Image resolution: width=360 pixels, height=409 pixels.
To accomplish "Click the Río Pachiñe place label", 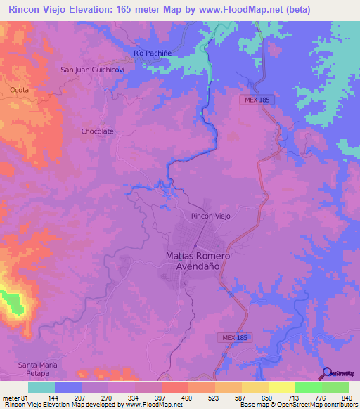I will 153,53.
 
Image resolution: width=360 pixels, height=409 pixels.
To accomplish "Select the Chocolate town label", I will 97,131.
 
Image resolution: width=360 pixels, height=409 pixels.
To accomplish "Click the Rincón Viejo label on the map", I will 210,216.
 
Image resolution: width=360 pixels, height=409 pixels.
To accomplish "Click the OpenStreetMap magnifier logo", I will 326,372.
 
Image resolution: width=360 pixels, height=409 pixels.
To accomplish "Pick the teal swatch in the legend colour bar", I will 41,387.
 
